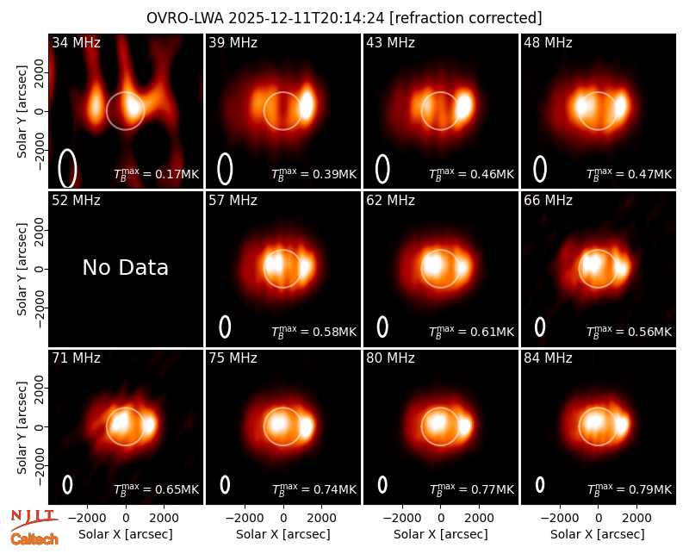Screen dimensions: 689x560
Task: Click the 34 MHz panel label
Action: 76,42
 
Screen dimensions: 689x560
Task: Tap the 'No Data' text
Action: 125,267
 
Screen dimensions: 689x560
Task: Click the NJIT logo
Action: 34,520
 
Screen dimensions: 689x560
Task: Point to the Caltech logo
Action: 34,539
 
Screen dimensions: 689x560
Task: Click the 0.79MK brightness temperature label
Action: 630,488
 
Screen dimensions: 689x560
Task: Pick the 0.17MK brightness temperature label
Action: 157,174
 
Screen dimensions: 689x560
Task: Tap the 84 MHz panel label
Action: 548,358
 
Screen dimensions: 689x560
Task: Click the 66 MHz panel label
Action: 548,201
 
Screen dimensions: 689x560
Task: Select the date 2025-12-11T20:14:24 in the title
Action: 307,18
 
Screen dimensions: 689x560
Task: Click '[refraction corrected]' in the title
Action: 466,18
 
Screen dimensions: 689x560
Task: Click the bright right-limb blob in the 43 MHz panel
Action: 464,104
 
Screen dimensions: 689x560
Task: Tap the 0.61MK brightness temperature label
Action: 471,332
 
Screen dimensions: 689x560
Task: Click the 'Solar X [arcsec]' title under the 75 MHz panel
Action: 283,534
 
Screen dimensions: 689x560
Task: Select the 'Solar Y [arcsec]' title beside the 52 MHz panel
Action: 22,269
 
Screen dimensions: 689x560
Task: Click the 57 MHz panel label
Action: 233,201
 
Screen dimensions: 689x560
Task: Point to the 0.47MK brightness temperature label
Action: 630,174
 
